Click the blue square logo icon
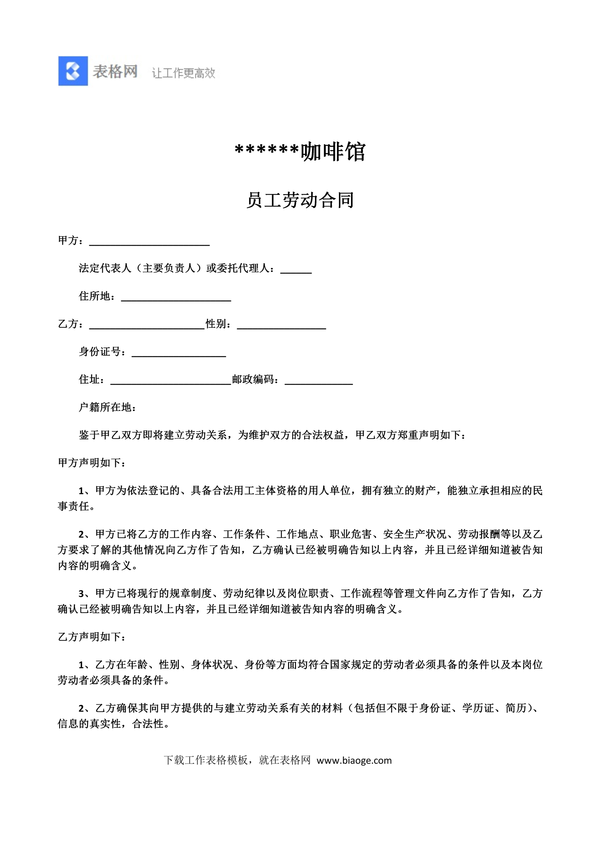click(73, 71)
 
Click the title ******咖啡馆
click(300, 152)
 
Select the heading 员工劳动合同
click(300, 200)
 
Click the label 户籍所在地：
click(108, 407)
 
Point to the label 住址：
click(91, 379)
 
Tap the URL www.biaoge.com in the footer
click(354, 760)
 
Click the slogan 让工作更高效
click(183, 73)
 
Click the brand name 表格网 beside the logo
click(115, 71)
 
